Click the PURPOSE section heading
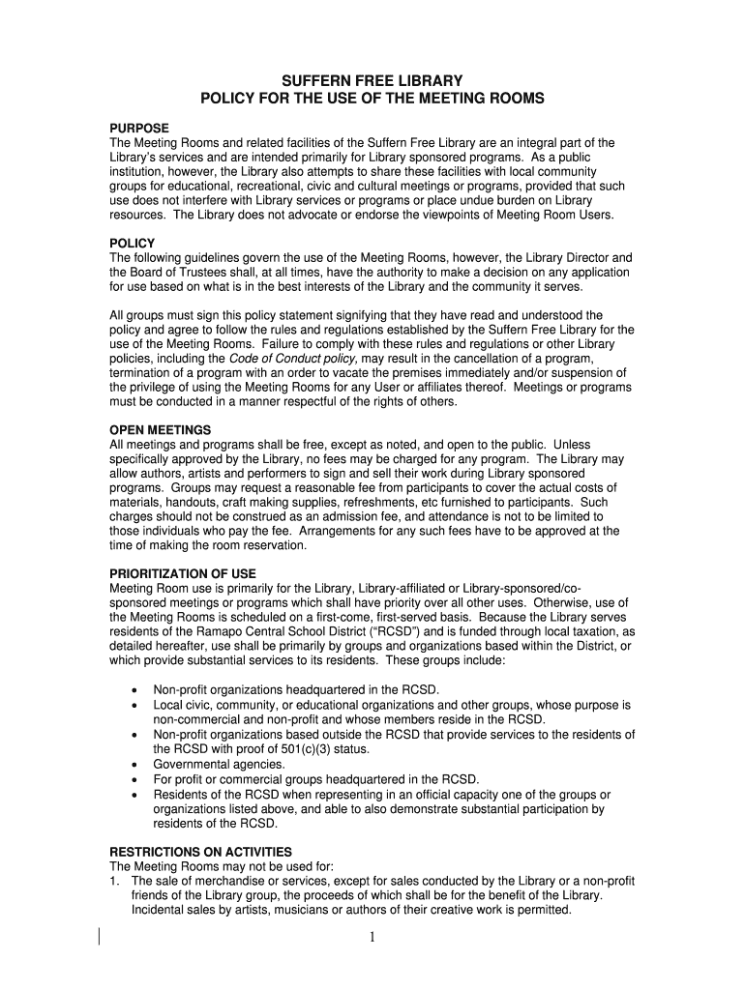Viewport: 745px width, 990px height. click(139, 129)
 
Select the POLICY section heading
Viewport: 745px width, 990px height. click(133, 244)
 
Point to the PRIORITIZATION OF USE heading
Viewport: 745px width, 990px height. click(183, 573)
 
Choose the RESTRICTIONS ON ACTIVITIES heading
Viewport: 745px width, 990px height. click(201, 852)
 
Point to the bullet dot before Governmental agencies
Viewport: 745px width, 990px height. click(133, 765)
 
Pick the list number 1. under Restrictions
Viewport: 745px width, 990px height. click(116, 882)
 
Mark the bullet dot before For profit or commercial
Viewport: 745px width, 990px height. click(133, 779)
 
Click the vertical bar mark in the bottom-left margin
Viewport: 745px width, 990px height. click(100, 936)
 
